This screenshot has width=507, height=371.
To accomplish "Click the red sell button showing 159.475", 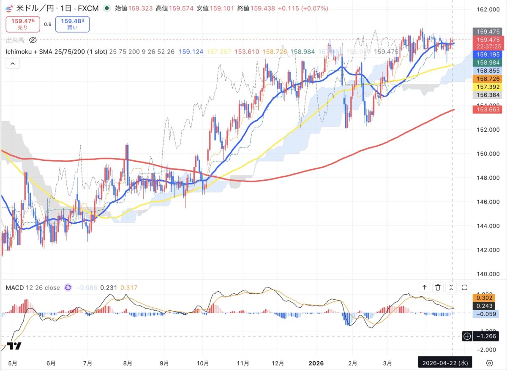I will (22, 24).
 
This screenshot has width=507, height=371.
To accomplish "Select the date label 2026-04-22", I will (445, 363).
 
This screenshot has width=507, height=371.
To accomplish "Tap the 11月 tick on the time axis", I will (243, 363).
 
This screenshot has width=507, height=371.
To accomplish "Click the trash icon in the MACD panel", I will (438, 287).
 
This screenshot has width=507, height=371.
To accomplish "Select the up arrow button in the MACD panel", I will (424, 287).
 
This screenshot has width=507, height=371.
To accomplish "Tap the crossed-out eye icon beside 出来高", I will (33, 40).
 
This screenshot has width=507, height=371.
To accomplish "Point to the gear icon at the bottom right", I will (489, 363).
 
